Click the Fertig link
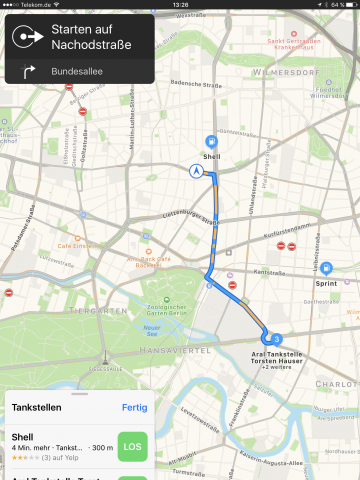(x=133, y=407)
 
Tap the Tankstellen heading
(x=37, y=407)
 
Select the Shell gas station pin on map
(x=210, y=143)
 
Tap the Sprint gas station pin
(x=327, y=269)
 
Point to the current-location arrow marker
(x=197, y=170)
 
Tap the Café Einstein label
(x=78, y=246)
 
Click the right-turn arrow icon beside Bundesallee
(x=28, y=71)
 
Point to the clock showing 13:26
(x=180, y=5)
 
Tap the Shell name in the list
(x=23, y=436)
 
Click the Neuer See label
(x=152, y=329)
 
